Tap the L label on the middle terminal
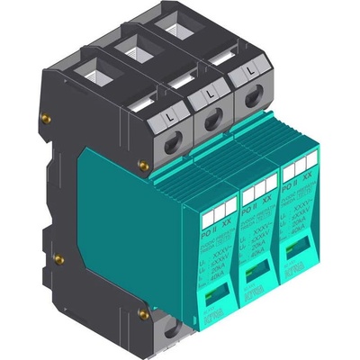tap(210, 94)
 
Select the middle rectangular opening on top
tap(132, 47)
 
